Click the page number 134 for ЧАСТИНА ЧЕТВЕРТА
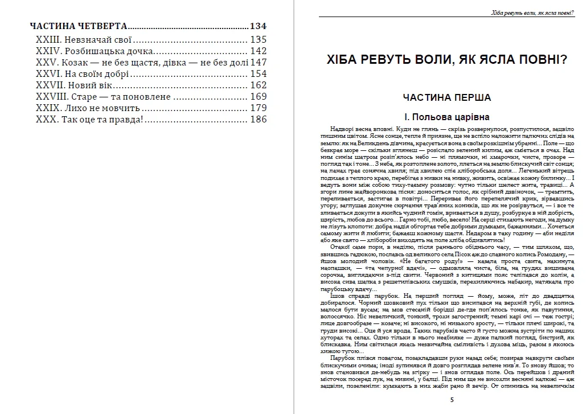258,26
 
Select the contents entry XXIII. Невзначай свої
83,40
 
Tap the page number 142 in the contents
259,51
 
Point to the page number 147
259,63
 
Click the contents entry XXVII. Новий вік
73,85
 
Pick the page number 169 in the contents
259,97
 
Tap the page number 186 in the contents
259,119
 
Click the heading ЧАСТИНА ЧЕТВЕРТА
78,26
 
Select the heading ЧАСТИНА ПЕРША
446,97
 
